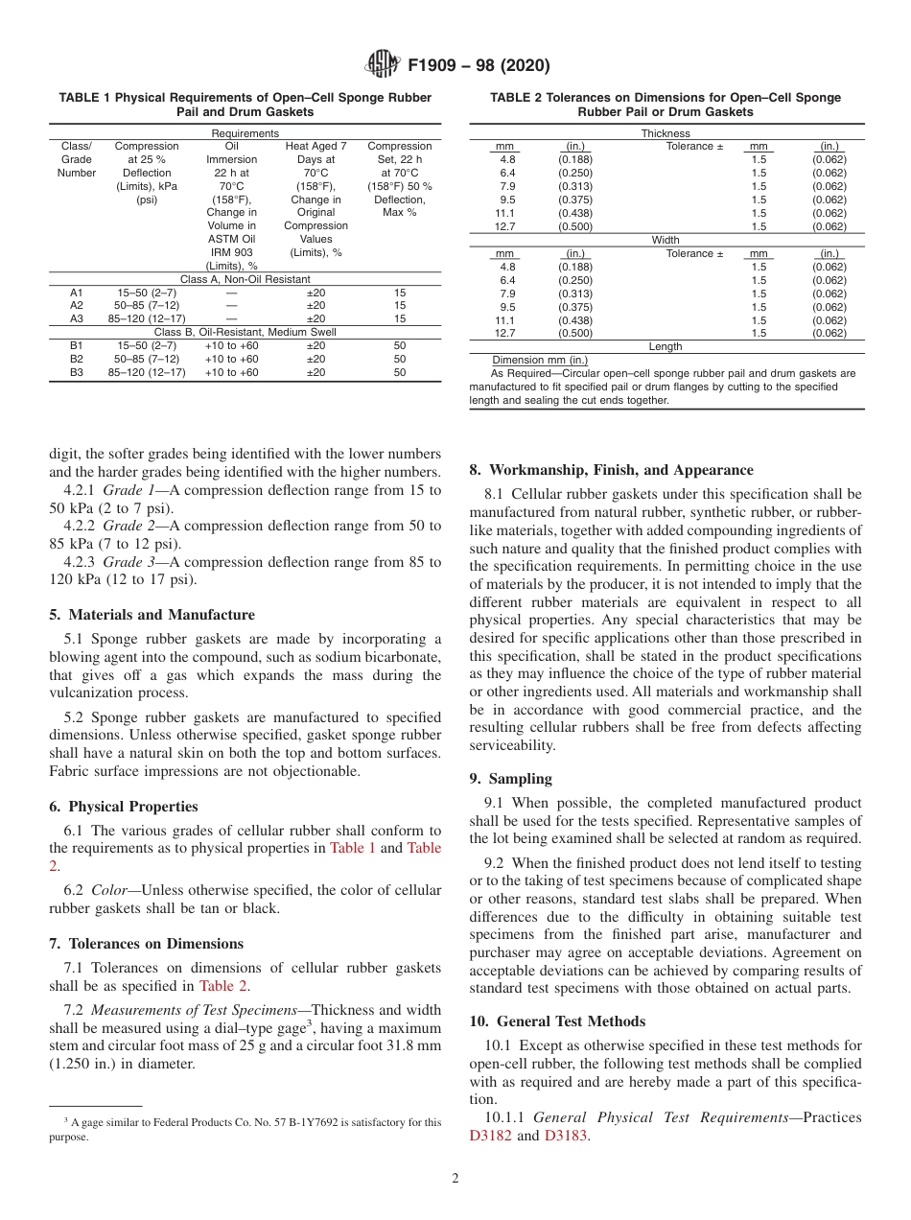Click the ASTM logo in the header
tap(384, 66)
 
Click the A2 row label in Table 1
tap(77, 305)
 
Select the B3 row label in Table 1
tap(77, 372)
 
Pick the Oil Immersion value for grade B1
tap(231, 345)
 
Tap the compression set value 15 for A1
tap(400, 292)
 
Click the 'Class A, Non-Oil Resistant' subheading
tap(245, 278)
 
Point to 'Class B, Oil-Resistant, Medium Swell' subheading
tap(245, 332)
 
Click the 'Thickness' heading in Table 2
tap(666, 133)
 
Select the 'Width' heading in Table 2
tap(666, 240)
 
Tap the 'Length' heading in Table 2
tap(666, 346)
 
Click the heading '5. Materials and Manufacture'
tap(152, 615)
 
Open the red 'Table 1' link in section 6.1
tap(353, 848)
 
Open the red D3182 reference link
tap(490, 1136)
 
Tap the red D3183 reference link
tap(565, 1136)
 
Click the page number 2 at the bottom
tap(455, 1180)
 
